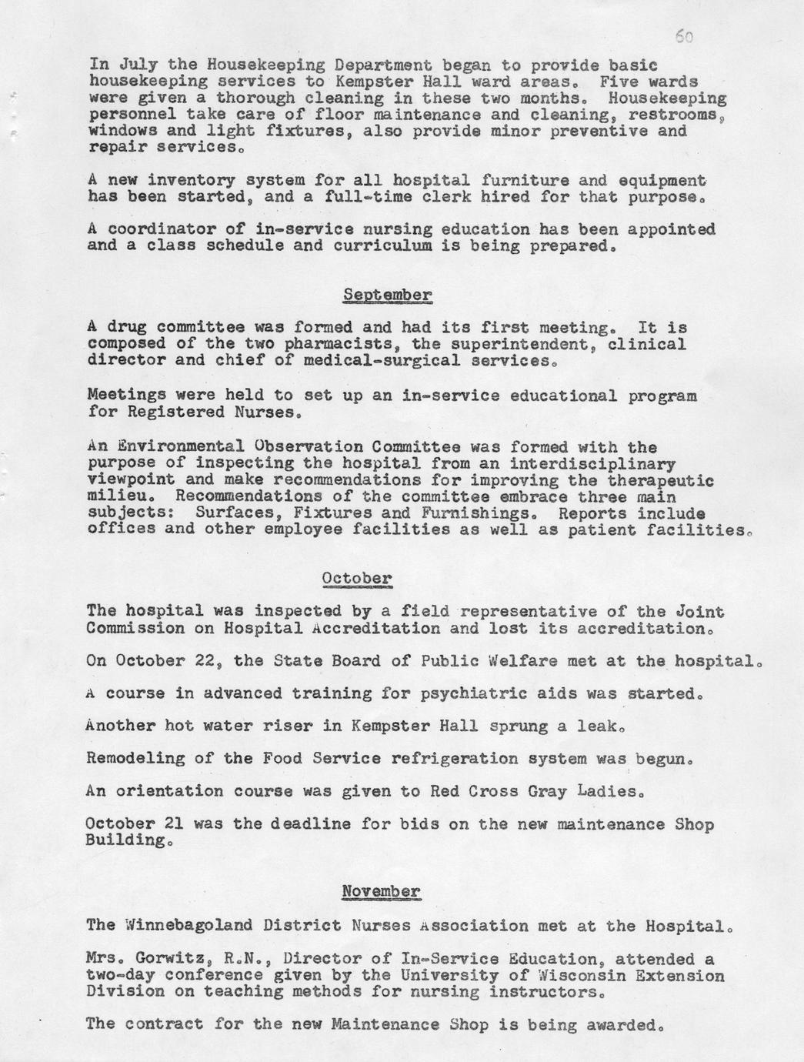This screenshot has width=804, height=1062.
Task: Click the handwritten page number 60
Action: pos(683,36)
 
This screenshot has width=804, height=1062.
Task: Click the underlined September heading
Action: pos(387,295)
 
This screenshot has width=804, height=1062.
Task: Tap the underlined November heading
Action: pos(381,892)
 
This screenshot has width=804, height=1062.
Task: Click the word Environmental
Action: pos(175,446)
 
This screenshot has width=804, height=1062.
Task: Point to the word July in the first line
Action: pos(136,65)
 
